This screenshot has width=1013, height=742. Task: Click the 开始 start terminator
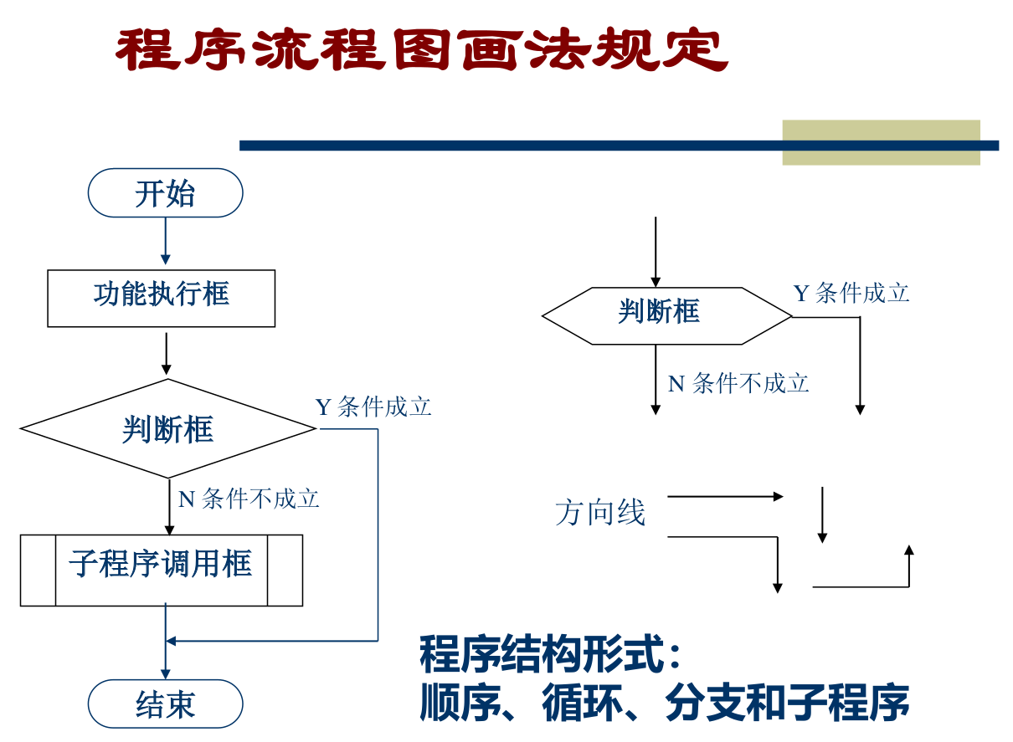coord(165,193)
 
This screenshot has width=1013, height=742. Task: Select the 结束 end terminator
coord(165,704)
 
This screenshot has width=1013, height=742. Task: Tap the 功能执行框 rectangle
coord(161,298)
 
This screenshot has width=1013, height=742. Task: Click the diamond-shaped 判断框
coord(168,429)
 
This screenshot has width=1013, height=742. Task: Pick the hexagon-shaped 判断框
coord(666,315)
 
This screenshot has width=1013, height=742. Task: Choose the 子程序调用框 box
coord(161,570)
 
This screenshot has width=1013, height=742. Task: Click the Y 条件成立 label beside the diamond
coord(373,407)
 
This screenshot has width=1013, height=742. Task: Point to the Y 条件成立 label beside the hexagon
coord(851,294)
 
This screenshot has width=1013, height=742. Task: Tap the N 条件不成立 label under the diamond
coord(249,499)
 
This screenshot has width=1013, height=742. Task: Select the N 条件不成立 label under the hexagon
coord(738,383)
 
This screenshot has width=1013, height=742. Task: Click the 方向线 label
coord(600,513)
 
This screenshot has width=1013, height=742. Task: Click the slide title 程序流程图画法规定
coord(421,50)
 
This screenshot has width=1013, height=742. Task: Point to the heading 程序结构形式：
coord(551,655)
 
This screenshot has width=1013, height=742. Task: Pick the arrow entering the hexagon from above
coord(656,251)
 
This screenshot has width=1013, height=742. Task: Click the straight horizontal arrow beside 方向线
coord(724,497)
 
